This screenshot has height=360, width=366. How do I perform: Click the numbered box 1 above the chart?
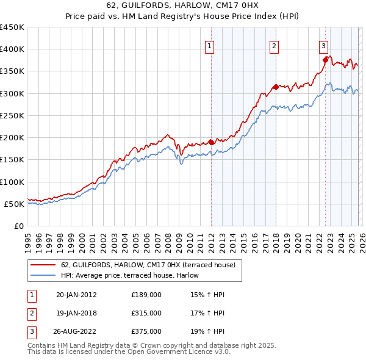point(209,45)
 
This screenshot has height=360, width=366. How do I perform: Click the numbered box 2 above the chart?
point(274,45)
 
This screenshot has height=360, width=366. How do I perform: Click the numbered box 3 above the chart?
point(323,45)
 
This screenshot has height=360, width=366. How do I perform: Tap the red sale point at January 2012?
point(211,142)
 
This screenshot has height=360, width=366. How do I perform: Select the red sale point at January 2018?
point(276,87)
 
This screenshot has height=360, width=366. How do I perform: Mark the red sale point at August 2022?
point(325,60)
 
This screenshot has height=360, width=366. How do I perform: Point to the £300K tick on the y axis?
point(12,93)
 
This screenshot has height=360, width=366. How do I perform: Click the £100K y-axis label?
point(12,182)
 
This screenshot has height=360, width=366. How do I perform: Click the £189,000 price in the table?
point(146,295)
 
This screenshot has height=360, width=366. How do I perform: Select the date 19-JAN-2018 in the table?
point(76,313)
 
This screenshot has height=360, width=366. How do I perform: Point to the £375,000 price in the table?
point(146,331)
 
